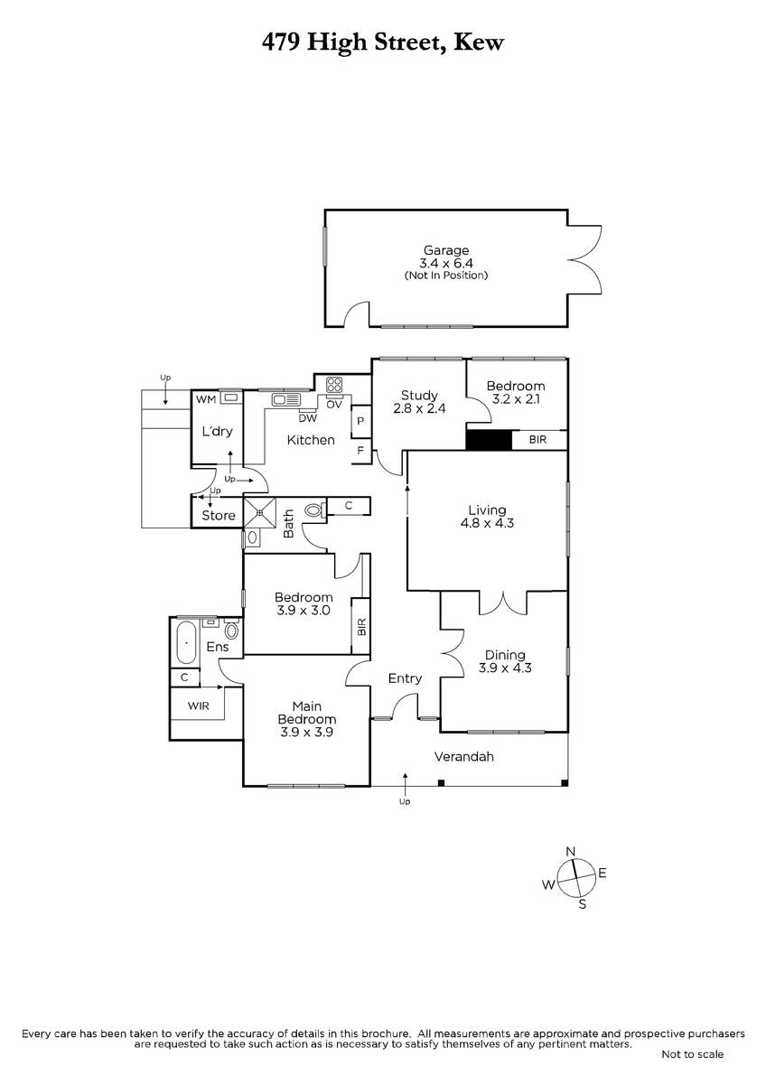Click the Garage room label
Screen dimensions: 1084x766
[446, 250]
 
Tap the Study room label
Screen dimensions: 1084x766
[420, 395]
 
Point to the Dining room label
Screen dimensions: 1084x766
[504, 656]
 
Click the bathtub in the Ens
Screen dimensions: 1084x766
[187, 643]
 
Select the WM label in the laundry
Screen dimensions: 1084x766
[204, 397]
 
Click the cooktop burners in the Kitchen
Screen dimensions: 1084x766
[334, 383]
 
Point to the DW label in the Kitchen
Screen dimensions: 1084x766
[306, 418]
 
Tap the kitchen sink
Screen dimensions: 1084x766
[285, 399]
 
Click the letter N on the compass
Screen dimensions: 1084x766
[570, 852]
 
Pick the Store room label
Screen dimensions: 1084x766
[219, 516]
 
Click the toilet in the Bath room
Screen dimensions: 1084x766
[314, 510]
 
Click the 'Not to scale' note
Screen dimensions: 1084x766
[692, 1054]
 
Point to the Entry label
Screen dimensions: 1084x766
[405, 678]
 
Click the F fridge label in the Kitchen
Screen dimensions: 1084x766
[360, 449]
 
